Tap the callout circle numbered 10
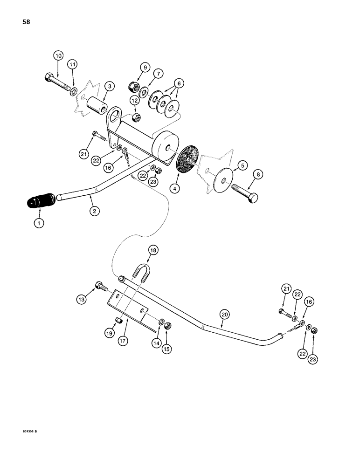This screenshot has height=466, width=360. (58, 56)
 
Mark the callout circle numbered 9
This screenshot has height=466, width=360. (145, 68)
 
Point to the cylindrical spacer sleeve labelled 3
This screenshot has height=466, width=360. (97, 103)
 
